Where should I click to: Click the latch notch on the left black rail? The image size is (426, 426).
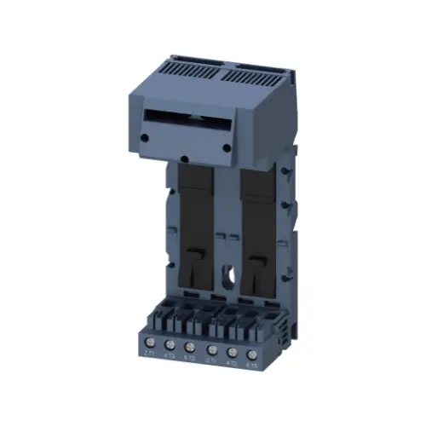196,255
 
